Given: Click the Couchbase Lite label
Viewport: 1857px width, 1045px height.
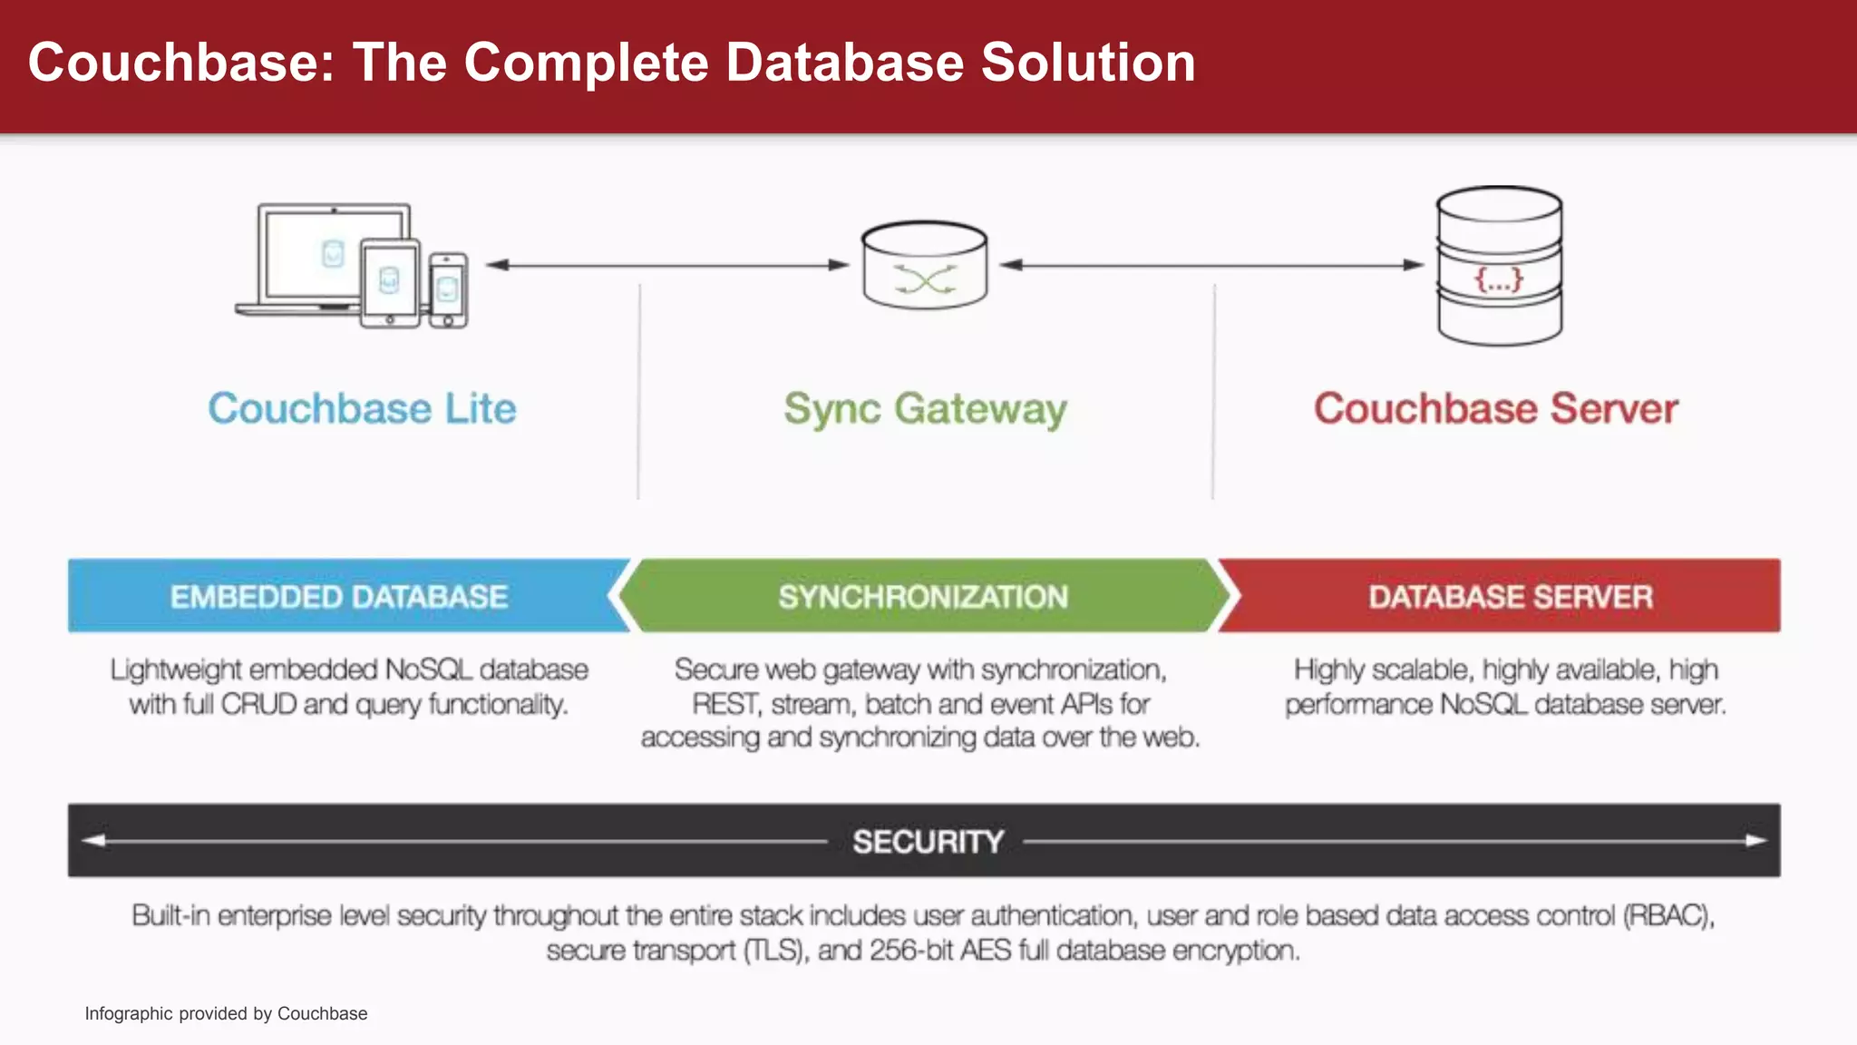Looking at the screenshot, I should (x=362, y=408).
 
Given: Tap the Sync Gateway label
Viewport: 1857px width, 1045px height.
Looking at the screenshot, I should (x=925, y=409).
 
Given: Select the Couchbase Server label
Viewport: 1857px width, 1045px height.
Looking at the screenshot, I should (x=1496, y=408).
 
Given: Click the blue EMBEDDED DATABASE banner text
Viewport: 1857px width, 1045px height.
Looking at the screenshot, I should (x=339, y=597).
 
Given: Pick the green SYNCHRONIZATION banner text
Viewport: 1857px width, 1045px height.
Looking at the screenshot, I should (x=923, y=597).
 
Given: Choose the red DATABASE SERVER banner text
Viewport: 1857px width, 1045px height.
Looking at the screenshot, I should (x=1511, y=597).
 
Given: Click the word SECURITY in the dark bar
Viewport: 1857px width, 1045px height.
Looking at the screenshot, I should (x=928, y=841).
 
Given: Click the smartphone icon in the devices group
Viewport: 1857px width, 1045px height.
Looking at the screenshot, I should (x=447, y=290).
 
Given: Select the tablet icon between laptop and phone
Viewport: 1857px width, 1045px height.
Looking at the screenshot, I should (x=390, y=283).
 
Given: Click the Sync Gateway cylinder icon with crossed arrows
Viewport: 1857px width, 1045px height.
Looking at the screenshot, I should (x=924, y=266).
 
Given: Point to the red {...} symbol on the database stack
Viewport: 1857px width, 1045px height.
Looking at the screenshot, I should (x=1499, y=279).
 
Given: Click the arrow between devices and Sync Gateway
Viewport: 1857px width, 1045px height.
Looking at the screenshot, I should (x=666, y=265).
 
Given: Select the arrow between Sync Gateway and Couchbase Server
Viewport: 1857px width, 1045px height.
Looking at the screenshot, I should (x=1211, y=265).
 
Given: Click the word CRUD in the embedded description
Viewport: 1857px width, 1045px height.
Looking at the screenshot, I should (x=258, y=704).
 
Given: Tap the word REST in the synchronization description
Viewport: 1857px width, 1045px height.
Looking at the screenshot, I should (x=724, y=704).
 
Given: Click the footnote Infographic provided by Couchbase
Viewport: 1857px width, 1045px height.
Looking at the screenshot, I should (x=226, y=1013).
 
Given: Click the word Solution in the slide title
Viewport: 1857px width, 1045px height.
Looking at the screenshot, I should (x=1088, y=63).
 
